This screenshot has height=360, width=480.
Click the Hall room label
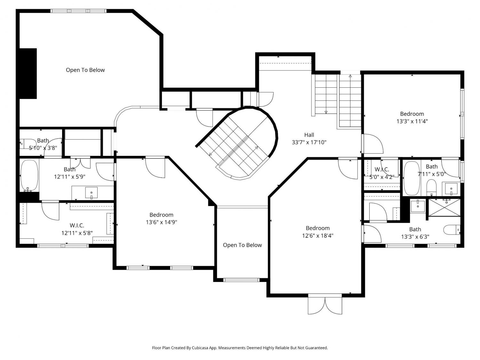(309, 135)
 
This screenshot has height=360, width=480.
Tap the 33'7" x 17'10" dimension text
(309, 142)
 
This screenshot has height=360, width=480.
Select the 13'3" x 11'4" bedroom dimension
(412, 121)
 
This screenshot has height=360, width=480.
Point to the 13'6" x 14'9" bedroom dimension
(161, 222)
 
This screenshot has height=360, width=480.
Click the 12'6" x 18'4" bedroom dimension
(317, 236)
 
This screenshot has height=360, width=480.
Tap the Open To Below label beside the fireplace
(85, 70)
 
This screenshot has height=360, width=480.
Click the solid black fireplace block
(28, 74)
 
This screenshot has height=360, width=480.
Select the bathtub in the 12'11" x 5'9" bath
(29, 176)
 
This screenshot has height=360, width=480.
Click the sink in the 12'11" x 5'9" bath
(92, 193)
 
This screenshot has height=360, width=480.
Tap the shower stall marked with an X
(444, 207)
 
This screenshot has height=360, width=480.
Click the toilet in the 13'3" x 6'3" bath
(452, 230)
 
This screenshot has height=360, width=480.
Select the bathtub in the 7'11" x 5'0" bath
(412, 178)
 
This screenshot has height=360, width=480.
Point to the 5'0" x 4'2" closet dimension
(382, 177)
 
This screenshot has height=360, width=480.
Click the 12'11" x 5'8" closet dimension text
(77, 233)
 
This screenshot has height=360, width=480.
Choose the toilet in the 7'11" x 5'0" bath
(431, 187)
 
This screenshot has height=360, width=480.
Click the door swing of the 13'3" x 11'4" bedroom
(373, 144)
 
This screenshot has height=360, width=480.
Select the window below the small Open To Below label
(241, 280)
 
